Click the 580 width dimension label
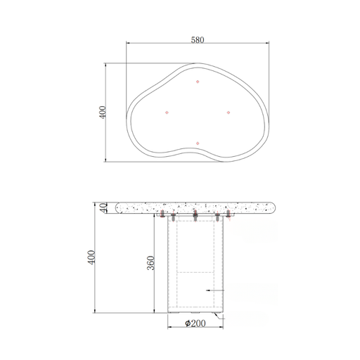(x=198, y=40)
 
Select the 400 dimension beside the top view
(x=103, y=112)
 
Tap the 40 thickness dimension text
(x=103, y=207)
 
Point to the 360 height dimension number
(x=151, y=263)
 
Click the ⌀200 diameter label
(x=195, y=323)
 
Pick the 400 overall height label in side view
(x=91, y=257)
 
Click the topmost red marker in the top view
(x=198, y=82)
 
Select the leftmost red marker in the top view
(x=167, y=112)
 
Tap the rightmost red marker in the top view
(x=229, y=112)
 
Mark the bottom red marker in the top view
(x=198, y=143)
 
